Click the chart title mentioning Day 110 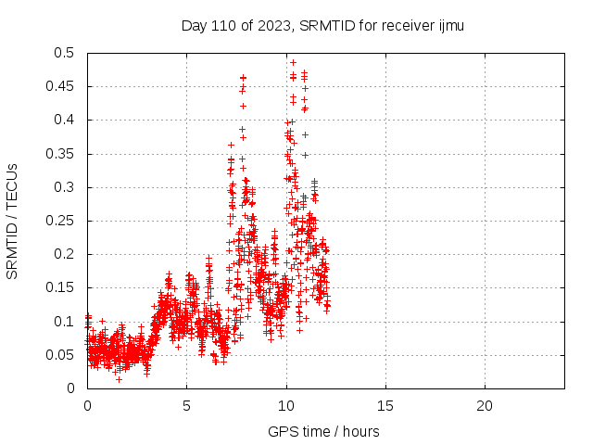pos(322,25)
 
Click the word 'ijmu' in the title pos(449,25)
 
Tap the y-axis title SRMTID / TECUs pos(13,221)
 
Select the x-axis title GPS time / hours pos(323,431)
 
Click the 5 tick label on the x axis pos(186,406)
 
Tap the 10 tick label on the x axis pos(285,406)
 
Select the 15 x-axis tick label pos(385,406)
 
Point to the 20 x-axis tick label pos(484,406)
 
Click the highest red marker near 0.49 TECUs pos(293,62)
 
